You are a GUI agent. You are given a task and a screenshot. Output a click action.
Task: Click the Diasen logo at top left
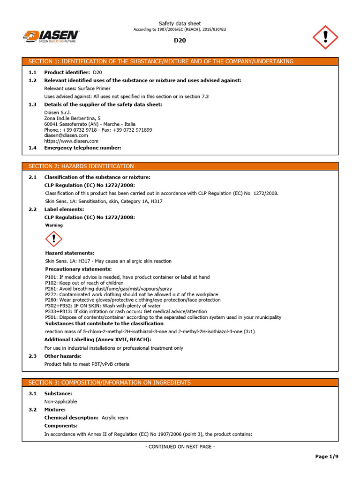click(51, 37)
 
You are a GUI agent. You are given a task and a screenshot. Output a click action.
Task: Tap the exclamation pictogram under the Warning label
click(54, 239)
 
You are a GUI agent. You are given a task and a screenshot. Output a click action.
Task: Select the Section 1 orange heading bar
click(180, 61)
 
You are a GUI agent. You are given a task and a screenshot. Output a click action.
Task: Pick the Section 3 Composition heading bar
click(180, 382)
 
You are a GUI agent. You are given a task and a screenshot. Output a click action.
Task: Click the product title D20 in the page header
click(180, 40)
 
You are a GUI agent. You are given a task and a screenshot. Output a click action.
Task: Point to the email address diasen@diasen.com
click(66, 135)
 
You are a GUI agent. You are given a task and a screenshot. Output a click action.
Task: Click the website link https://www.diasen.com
click(71, 141)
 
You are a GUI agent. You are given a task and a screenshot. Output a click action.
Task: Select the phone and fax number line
click(98, 130)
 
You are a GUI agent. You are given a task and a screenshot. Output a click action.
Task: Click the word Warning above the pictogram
click(54, 225)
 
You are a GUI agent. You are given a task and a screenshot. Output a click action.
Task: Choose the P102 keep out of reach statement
click(84, 283)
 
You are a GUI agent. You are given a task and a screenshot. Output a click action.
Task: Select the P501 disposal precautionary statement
click(163, 317)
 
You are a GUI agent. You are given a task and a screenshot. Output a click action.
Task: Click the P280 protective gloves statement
click(133, 300)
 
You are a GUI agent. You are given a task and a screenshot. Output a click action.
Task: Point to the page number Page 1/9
click(326, 457)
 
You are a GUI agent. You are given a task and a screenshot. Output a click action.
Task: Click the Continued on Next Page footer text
click(180, 447)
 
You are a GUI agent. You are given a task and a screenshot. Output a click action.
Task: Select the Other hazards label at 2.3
click(63, 356)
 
